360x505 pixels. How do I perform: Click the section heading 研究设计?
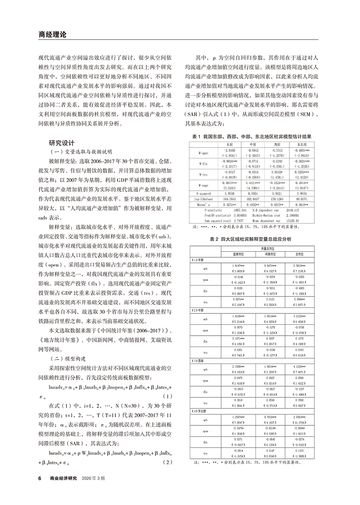(x=63, y=143)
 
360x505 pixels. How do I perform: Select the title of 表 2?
(x=253, y=239)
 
